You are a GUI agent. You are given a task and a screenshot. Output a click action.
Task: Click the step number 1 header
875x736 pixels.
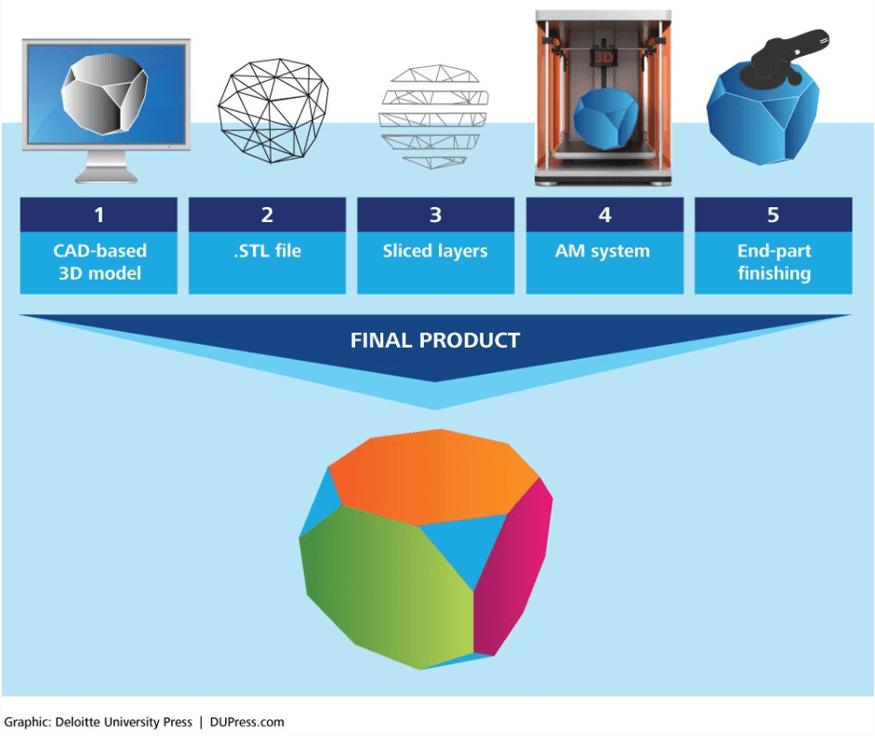point(99,215)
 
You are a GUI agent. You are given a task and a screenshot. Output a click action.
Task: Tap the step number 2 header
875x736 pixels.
point(267,215)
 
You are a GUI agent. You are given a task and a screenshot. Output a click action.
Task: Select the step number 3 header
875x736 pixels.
point(435,215)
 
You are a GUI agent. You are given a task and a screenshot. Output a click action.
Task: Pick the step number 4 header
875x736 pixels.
point(604,215)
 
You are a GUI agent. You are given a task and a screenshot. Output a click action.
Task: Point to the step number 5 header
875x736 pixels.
point(773,215)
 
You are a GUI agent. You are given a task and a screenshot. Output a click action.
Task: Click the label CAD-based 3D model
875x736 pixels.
point(99,262)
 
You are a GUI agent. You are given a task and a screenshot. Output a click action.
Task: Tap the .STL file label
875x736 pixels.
point(267,251)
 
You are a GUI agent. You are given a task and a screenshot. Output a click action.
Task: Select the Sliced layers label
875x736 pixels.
point(435,251)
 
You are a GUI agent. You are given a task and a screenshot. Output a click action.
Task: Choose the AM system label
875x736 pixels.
point(604,251)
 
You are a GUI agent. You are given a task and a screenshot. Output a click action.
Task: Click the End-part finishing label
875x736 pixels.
point(773,262)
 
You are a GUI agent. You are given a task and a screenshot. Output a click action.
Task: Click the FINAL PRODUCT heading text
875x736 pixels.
point(434,340)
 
